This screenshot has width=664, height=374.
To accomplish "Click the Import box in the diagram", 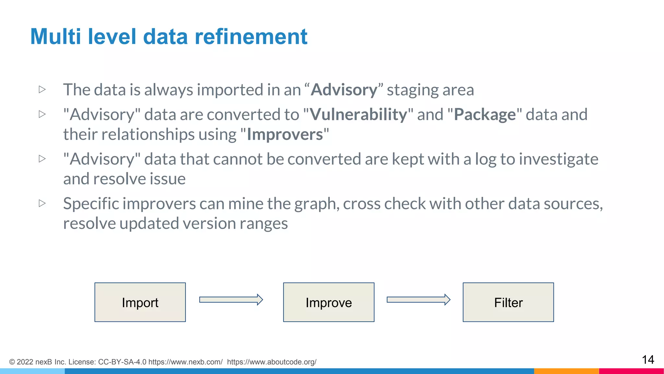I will pos(140,302).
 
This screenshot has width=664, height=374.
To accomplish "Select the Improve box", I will pos(328,302).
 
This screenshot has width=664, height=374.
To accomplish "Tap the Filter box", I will pos(508,302).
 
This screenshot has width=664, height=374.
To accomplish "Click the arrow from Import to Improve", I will pos(231,299).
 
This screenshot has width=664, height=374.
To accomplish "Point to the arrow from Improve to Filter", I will pos(418,299).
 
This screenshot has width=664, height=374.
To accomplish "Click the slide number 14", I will pos(648,360).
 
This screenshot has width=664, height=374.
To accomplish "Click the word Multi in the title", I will pos(55,36).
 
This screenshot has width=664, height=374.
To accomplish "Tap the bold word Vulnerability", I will pos(358,115).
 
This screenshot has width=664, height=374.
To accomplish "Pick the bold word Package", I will pos(485,115).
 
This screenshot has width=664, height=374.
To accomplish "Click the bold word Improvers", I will pos(285,134).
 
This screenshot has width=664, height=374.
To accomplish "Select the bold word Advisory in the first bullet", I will pos(344,90).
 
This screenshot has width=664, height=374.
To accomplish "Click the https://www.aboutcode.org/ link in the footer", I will pos(272,362).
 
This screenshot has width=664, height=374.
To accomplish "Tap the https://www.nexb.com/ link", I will pos(185,362).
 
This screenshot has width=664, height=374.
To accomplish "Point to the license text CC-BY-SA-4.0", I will pos(122,362).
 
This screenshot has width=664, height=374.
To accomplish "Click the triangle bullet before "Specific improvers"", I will pos(42,203).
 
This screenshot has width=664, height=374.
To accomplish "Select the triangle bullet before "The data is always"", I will pos(42,89).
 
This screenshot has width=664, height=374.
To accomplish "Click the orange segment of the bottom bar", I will pos(566,371).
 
